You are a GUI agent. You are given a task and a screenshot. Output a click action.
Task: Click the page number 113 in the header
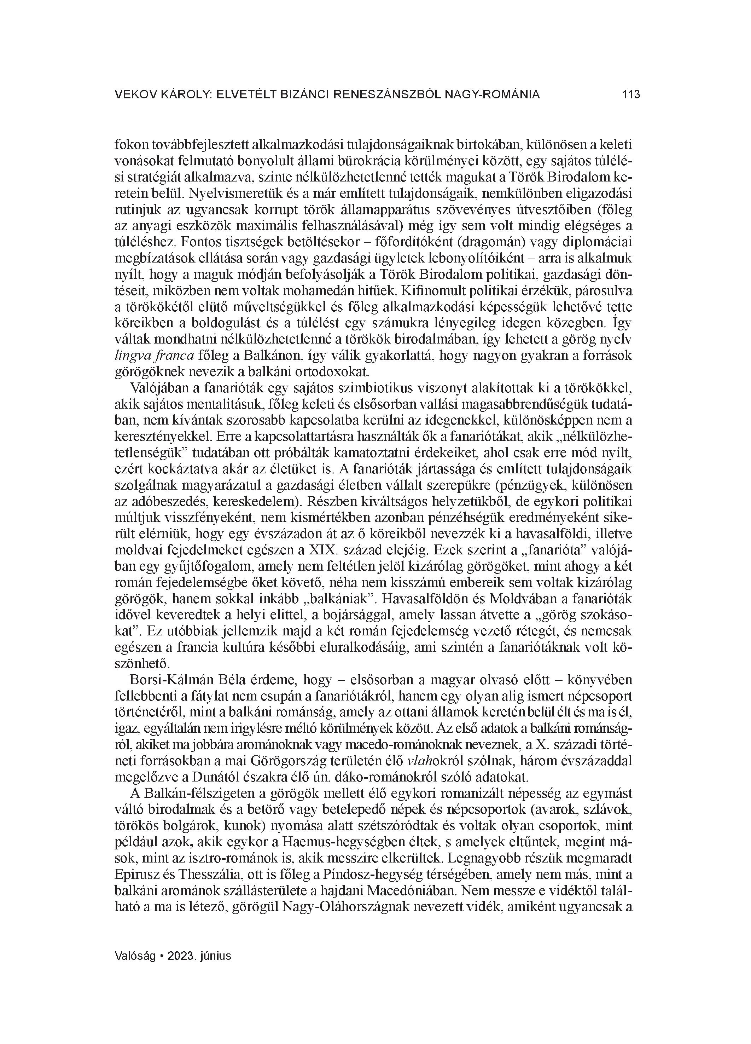coord(631,95)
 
